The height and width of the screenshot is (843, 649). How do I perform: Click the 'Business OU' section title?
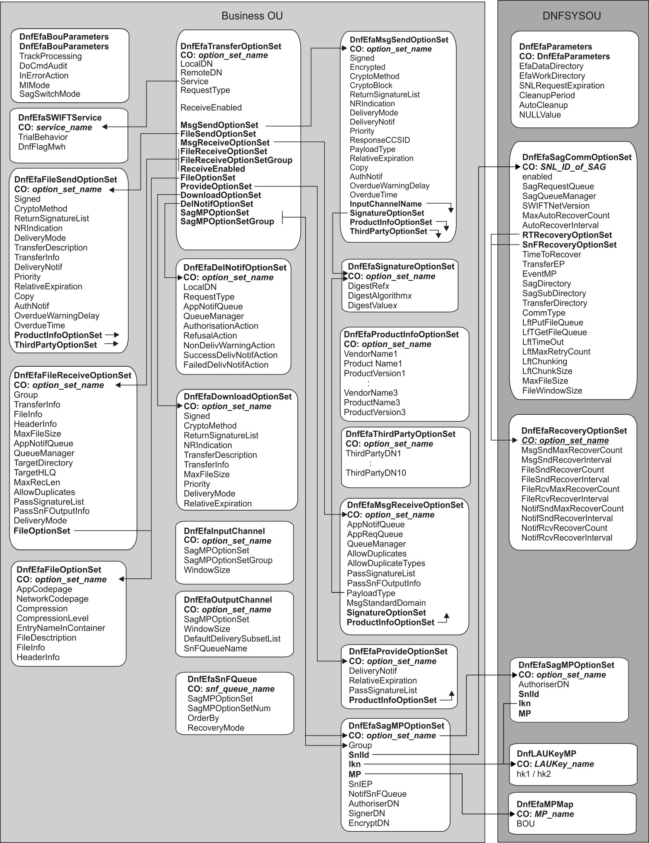pos(252,16)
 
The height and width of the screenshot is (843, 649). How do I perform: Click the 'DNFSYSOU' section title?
pos(571,16)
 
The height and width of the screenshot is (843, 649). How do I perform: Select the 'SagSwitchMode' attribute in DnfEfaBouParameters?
pos(50,94)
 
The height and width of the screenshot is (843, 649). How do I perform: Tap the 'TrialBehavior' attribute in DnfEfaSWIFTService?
pos(43,137)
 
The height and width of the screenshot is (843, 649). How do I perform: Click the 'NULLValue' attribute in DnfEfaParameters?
pos(540,115)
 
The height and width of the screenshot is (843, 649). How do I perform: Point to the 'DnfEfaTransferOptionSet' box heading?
pos(231,46)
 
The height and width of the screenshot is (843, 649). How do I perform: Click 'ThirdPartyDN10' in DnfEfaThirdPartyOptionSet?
pos(376,473)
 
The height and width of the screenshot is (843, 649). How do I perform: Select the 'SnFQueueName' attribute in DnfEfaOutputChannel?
pos(215,648)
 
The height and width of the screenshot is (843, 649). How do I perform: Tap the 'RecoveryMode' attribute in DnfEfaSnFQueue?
pos(216,728)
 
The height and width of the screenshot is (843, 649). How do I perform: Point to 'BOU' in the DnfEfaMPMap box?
pos(525,823)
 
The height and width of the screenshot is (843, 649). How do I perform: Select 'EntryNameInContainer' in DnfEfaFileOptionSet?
pos(61,628)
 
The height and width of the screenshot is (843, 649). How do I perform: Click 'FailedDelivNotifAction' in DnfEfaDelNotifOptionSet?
pos(226,365)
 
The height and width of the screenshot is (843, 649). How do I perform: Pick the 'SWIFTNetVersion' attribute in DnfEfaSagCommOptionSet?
pos(556,206)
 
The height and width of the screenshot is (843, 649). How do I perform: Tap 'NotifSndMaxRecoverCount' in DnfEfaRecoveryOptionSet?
pos(572,508)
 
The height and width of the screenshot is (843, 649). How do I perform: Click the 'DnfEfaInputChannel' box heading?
pos(224,531)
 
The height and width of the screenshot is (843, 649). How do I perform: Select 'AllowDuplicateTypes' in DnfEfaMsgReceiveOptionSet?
pos(386,563)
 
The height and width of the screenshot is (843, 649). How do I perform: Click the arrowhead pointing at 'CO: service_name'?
pos(104,127)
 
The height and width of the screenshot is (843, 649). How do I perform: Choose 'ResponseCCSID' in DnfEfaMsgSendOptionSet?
pos(380,140)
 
